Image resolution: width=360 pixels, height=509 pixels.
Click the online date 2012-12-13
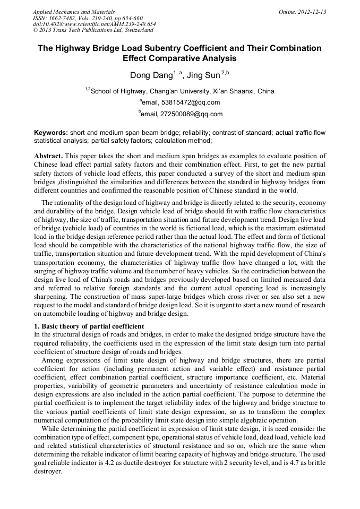click(x=313, y=12)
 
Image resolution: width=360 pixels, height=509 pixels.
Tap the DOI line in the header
click(x=95, y=24)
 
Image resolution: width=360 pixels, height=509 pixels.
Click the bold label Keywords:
click(x=51, y=133)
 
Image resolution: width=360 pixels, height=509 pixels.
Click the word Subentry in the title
click(x=179, y=48)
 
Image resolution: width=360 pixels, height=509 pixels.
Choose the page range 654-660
click(x=131, y=18)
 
